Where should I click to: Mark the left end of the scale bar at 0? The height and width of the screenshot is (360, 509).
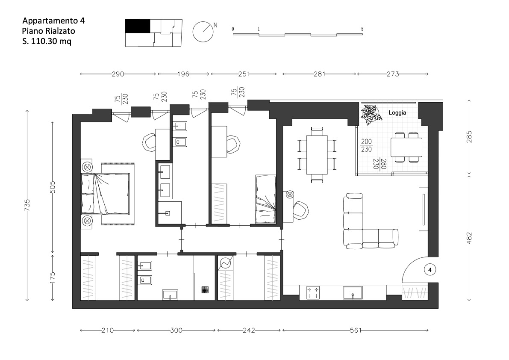[233, 34]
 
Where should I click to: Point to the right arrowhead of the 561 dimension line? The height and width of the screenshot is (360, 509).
[427, 330]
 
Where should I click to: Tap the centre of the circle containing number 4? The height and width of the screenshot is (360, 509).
[430, 270]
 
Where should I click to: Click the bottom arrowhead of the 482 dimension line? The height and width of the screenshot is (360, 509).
[469, 300]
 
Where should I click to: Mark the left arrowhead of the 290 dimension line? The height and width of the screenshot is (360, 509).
[81, 74]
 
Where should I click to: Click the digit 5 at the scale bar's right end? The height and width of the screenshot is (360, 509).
[362, 29]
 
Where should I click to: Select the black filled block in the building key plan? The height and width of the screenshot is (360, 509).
[138, 26]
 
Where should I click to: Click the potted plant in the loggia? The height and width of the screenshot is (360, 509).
[371, 115]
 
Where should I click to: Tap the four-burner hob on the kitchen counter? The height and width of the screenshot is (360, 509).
[313, 292]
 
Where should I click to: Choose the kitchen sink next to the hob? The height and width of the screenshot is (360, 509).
[353, 292]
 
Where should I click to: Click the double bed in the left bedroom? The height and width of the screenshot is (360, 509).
[106, 194]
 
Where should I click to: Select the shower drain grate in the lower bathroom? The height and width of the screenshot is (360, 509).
[205, 289]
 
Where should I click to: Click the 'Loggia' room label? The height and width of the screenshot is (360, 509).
[397, 112]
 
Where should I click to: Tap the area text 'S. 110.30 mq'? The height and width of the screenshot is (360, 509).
[47, 41]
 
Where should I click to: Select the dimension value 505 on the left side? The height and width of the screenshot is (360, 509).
[53, 187]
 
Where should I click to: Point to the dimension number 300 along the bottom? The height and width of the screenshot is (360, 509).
[176, 330]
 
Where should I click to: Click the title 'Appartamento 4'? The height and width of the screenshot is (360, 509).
[53, 21]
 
